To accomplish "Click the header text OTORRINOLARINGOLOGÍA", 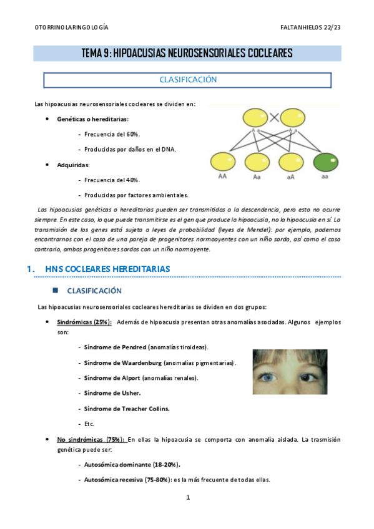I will (71, 28).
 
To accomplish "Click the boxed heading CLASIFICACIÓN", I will (187, 80).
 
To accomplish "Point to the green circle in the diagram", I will (324, 163).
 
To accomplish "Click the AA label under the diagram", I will (223, 177).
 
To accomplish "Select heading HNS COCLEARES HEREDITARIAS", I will (107, 269).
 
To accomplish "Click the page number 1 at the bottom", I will (187, 498).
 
